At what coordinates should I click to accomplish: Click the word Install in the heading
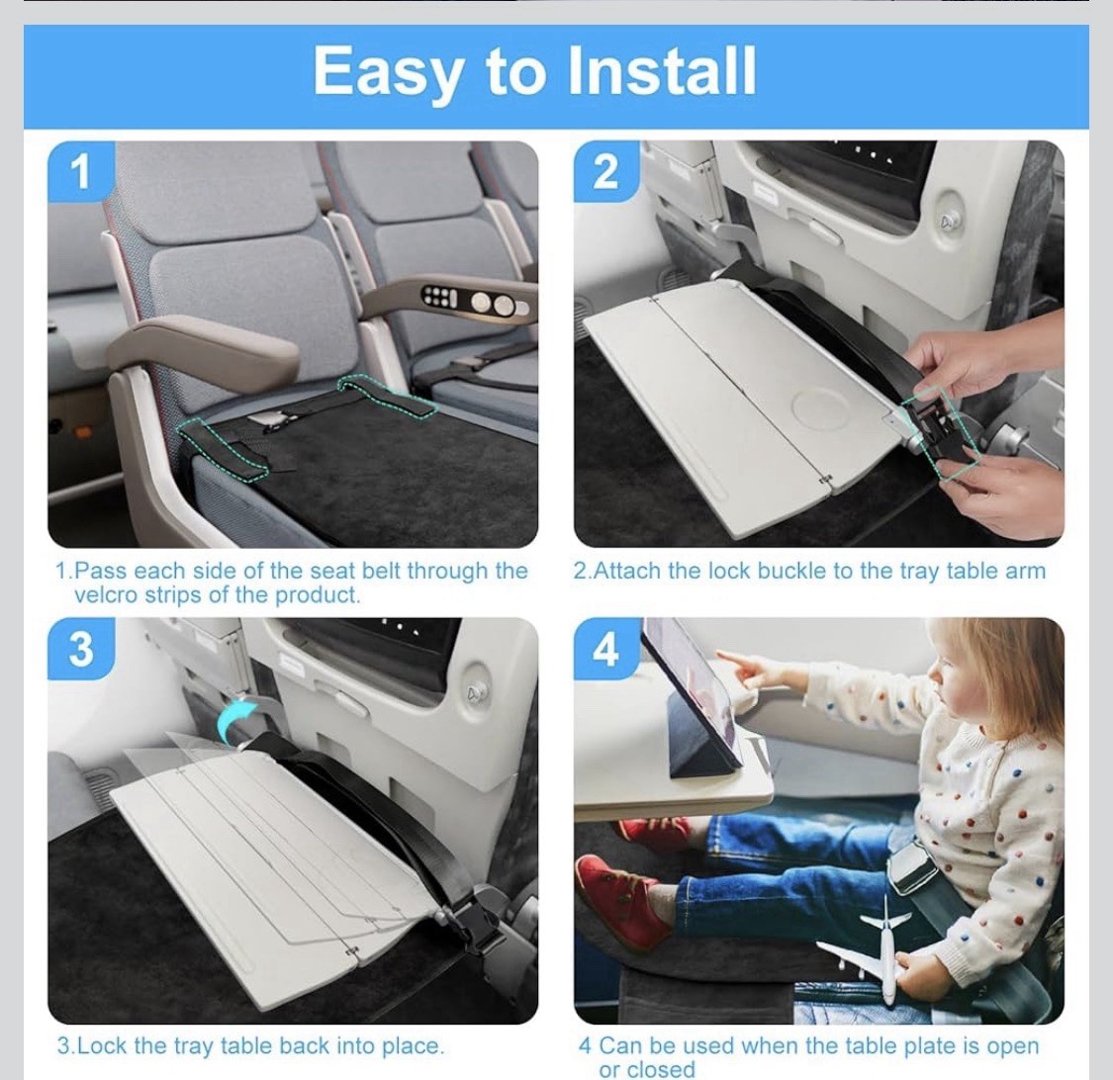[662, 70]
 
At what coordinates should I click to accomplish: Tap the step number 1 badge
[82, 172]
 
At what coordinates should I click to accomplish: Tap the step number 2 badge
[605, 172]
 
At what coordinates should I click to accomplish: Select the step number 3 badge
[82, 649]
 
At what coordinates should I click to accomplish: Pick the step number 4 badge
[605, 649]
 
